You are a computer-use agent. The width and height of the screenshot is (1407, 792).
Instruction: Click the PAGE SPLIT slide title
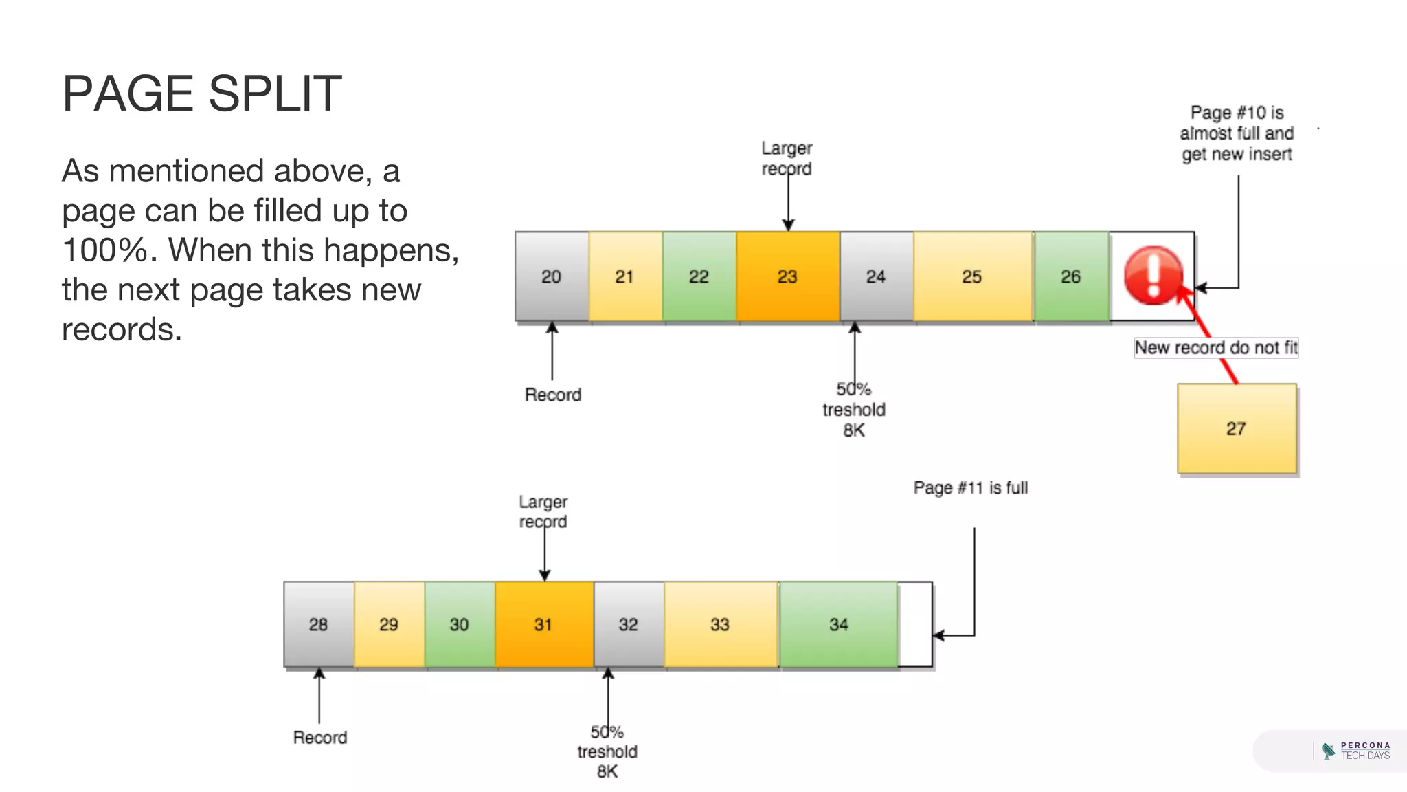202,93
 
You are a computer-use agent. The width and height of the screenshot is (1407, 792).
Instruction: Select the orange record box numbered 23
787,276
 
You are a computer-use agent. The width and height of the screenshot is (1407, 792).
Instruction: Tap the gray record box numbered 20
551,276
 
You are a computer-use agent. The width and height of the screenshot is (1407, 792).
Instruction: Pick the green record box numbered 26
1070,276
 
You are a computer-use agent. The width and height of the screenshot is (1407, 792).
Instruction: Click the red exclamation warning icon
1153,275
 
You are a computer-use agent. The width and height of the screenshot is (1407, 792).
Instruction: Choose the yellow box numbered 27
1237,428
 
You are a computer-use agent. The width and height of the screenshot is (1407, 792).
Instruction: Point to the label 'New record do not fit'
1215,347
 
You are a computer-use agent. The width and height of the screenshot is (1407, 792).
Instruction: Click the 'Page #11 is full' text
970,487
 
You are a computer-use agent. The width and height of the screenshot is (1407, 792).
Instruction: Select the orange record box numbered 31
543,624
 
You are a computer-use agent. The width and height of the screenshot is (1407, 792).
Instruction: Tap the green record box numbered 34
838,624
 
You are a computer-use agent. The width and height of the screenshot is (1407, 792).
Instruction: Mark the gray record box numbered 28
318,624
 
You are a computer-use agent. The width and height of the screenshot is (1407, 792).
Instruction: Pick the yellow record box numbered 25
971,276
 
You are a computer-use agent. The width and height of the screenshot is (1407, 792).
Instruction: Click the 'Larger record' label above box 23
787,158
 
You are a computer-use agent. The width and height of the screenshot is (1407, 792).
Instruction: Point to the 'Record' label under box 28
319,737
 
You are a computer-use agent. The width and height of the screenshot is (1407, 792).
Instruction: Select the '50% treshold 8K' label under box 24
853,409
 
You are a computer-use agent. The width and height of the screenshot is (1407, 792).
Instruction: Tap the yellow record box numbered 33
719,624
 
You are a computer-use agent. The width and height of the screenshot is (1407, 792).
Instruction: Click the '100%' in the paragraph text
104,250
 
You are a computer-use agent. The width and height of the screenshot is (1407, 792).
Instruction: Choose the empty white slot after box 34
915,624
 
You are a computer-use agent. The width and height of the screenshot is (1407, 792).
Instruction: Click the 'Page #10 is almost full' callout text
1237,133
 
